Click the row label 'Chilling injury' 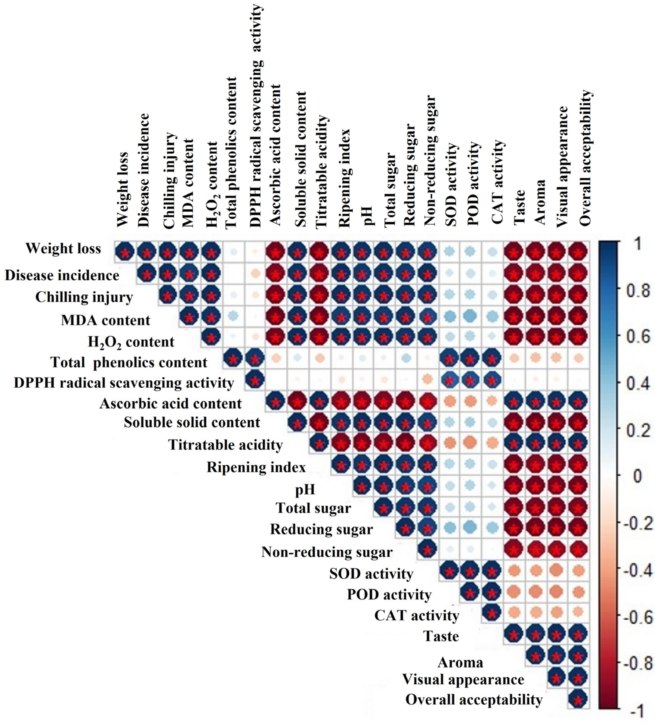(84, 297)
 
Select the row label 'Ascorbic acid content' (171, 404)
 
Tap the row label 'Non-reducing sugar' (327, 552)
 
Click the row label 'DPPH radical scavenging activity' (124, 383)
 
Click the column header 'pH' (368, 215)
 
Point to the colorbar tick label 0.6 (638, 337)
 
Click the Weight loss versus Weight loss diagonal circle (125, 251)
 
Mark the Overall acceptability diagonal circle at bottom (578, 699)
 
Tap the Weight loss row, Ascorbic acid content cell (275, 251)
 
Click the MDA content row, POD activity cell (470, 316)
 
